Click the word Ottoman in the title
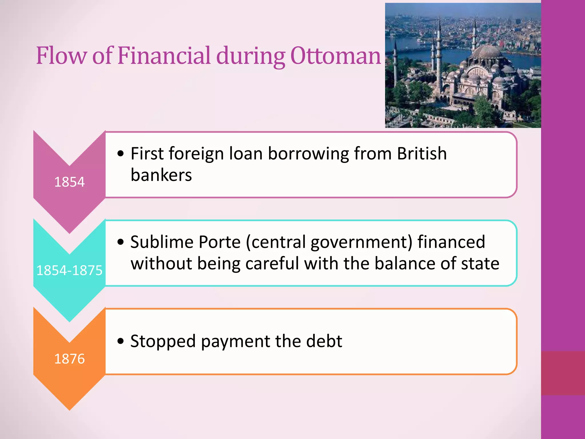point(336,55)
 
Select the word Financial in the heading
point(164,55)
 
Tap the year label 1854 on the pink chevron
point(69,182)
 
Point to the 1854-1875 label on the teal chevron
point(69,270)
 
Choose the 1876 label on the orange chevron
point(69,359)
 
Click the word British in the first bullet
point(422,154)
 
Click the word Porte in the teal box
point(220,242)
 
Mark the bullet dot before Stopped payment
point(121,341)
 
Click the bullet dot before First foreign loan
point(121,154)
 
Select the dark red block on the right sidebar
point(563,373)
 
